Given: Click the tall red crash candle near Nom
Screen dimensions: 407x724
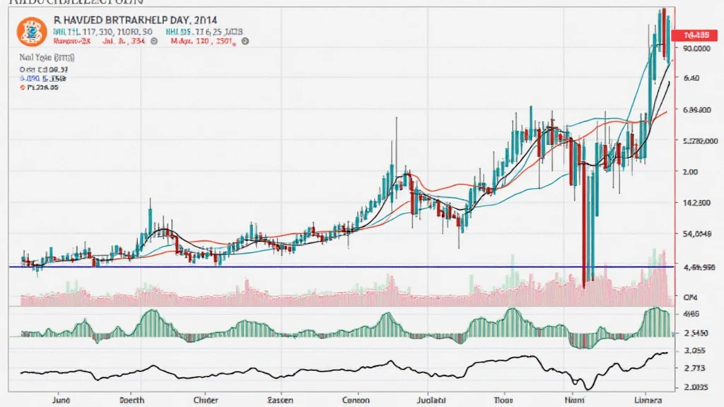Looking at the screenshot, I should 585,212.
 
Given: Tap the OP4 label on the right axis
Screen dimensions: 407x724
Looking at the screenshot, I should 689,297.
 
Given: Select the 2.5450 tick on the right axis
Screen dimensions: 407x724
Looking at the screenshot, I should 696,331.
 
